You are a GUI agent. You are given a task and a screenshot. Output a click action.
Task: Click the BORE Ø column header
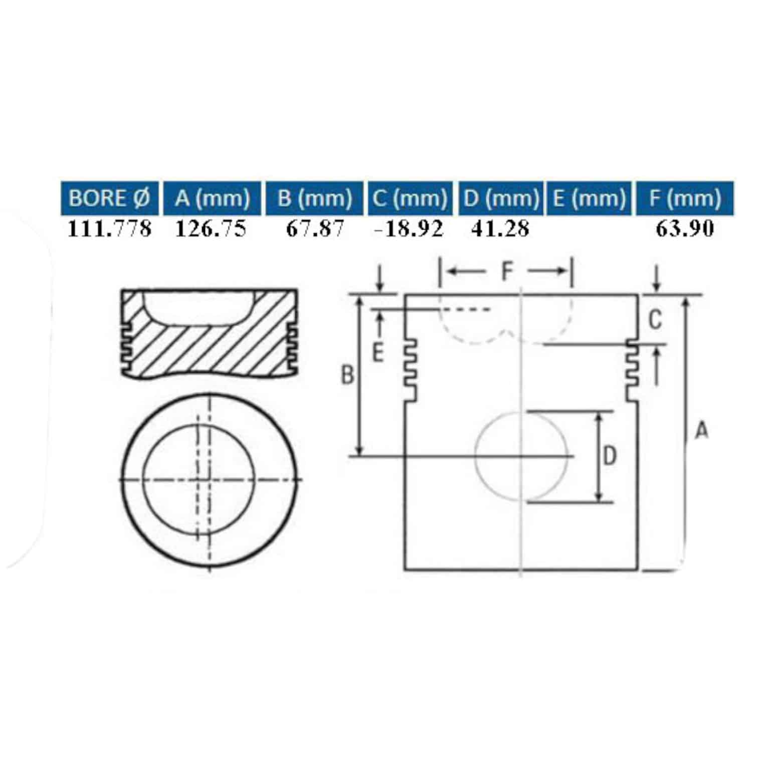109,198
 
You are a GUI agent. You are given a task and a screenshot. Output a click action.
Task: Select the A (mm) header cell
213,198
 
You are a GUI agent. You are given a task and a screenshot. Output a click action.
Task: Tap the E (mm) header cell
590,198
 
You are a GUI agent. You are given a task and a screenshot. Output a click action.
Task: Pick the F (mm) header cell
685,198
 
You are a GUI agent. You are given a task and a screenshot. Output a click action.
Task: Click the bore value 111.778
109,229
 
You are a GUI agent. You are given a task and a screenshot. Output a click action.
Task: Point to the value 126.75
211,229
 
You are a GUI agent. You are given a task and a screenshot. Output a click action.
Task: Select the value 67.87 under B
315,229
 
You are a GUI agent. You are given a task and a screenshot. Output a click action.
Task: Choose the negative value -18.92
409,229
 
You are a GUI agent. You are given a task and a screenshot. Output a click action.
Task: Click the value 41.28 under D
500,229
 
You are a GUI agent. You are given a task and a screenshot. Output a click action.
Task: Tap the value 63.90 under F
685,229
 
